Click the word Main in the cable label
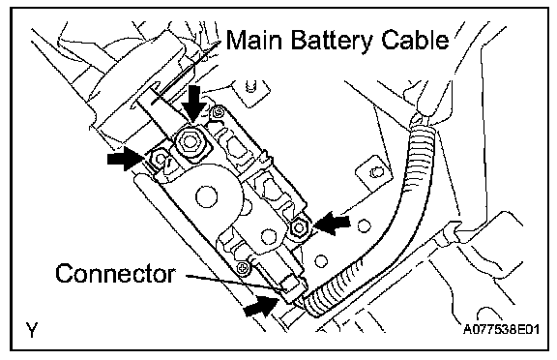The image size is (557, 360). pyautogui.click(x=254, y=39)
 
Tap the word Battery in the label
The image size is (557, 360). pyautogui.click(x=332, y=41)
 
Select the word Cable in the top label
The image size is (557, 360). pyautogui.click(x=415, y=39)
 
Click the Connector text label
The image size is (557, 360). pyautogui.click(x=115, y=273)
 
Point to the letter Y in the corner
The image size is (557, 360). pyautogui.click(x=31, y=329)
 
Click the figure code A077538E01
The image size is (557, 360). pyautogui.click(x=501, y=329)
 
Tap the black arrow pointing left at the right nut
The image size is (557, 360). pyautogui.click(x=332, y=224)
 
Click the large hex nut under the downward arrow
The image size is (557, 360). pyautogui.click(x=190, y=142)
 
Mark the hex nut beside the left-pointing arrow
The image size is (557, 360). pyautogui.click(x=299, y=226)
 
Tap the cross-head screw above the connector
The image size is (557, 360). pyautogui.click(x=243, y=266)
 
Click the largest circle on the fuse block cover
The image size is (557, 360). pyautogui.click(x=206, y=196)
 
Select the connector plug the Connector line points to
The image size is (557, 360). pyautogui.click(x=290, y=289)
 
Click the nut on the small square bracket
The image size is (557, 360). pyautogui.click(x=375, y=173)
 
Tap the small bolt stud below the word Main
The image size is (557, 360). pyautogui.click(x=250, y=87)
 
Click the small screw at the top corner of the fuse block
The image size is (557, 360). pyautogui.click(x=217, y=113)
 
